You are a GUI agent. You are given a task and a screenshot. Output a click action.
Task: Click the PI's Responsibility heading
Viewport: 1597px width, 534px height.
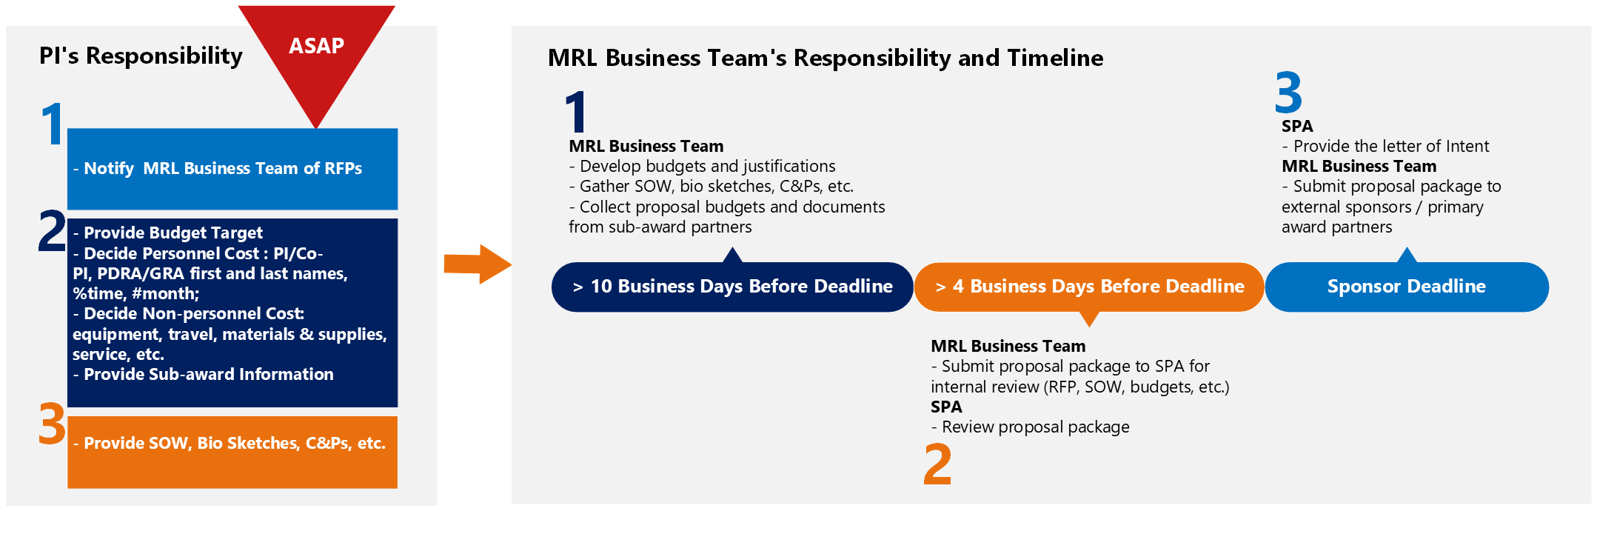[x=141, y=56]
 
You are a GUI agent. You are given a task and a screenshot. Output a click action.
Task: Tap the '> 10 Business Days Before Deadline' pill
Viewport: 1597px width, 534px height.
[x=732, y=287]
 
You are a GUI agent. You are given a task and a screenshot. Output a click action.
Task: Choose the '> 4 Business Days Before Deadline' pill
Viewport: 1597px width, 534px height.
[x=1089, y=287]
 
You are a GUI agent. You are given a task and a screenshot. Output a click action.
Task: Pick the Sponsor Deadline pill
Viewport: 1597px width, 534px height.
[x=1407, y=287]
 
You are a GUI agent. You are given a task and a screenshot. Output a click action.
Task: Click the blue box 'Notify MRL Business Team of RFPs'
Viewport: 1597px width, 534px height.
[x=232, y=169]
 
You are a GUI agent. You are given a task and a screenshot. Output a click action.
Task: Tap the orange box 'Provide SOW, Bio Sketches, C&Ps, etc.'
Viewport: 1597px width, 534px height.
[x=232, y=452]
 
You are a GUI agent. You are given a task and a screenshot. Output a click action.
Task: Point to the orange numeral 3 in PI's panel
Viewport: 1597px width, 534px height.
[x=53, y=424]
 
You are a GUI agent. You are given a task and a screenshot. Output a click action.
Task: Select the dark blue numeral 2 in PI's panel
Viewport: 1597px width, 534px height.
[x=53, y=230]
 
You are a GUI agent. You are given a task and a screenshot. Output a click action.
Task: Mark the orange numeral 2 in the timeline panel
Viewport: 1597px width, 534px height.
[x=937, y=464]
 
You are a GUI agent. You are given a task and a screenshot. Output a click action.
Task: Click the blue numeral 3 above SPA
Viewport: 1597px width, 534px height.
[x=1288, y=93]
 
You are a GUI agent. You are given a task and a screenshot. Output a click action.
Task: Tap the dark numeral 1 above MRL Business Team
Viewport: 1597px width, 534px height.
[x=576, y=112]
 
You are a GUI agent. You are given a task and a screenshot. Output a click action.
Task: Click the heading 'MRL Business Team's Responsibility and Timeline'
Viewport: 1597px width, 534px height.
[x=826, y=58]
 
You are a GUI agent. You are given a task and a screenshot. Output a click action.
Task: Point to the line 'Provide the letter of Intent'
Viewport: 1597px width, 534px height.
[x=1385, y=146]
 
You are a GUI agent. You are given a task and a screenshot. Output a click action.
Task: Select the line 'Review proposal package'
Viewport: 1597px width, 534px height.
[x=1030, y=427]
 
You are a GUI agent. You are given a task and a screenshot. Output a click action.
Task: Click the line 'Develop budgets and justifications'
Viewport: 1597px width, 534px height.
[x=702, y=167]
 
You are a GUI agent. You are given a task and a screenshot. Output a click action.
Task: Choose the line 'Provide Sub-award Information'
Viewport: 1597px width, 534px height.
[x=203, y=374]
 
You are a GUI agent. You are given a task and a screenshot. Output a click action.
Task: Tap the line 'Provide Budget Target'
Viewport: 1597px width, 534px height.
[x=167, y=233]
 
